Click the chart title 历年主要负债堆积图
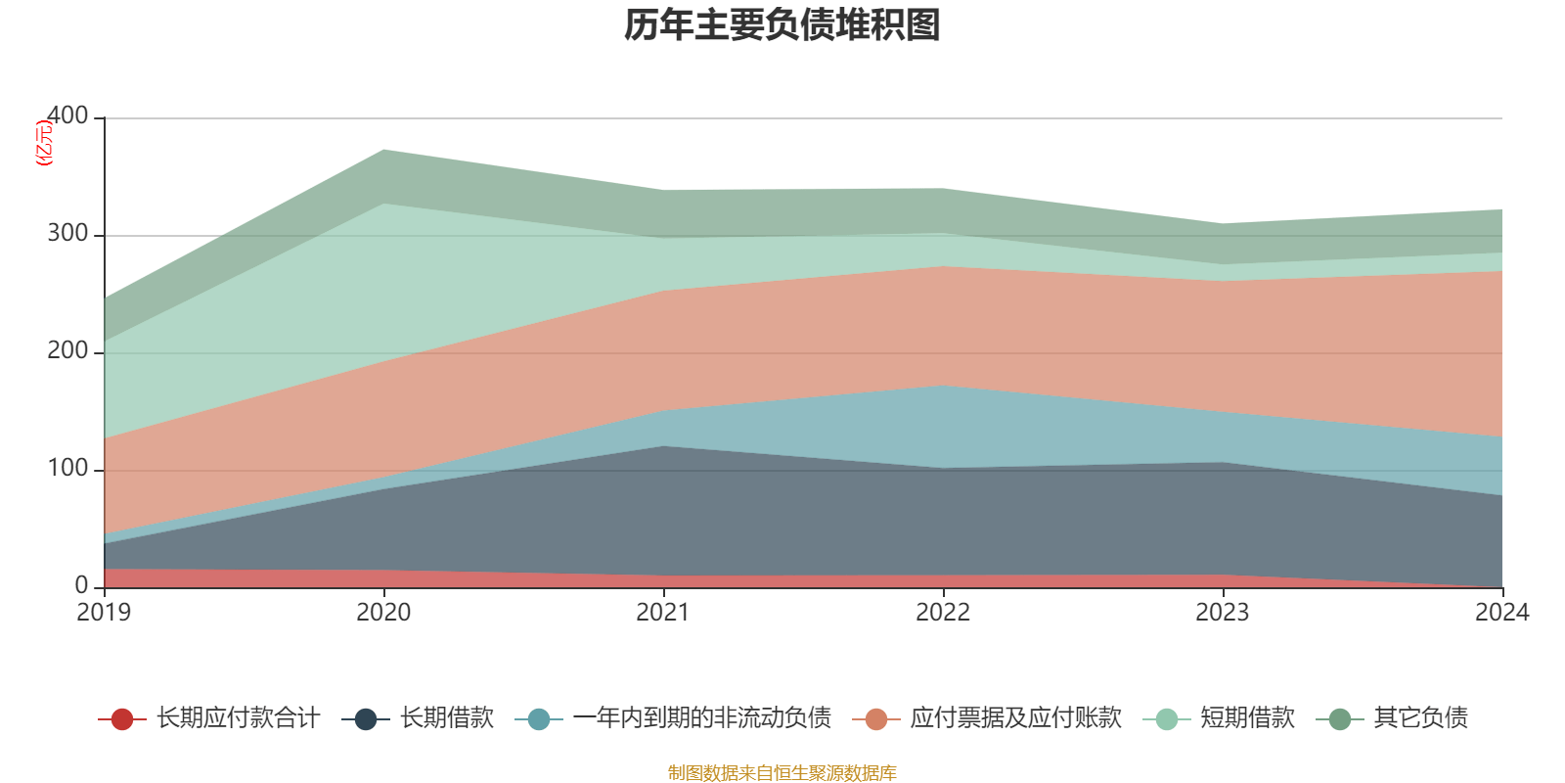click(782, 25)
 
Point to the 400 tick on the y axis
click(67, 116)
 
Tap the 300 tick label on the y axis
click(67, 234)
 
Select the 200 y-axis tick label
click(67, 351)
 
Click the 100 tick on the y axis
click(67, 469)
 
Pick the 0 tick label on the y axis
click(81, 585)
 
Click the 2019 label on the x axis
click(104, 613)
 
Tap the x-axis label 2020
click(383, 613)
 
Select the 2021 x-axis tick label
click(663, 613)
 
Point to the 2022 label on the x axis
click(943, 613)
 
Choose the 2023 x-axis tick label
click(1223, 613)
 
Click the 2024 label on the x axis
click(1501, 613)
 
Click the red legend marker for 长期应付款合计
click(122, 719)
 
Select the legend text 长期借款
click(447, 718)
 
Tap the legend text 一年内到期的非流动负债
click(701, 718)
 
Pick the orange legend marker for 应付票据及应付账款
click(876, 719)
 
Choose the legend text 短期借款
click(1247, 718)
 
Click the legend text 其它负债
click(1420, 718)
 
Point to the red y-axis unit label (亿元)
click(44, 143)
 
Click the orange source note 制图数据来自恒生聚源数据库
click(782, 773)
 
